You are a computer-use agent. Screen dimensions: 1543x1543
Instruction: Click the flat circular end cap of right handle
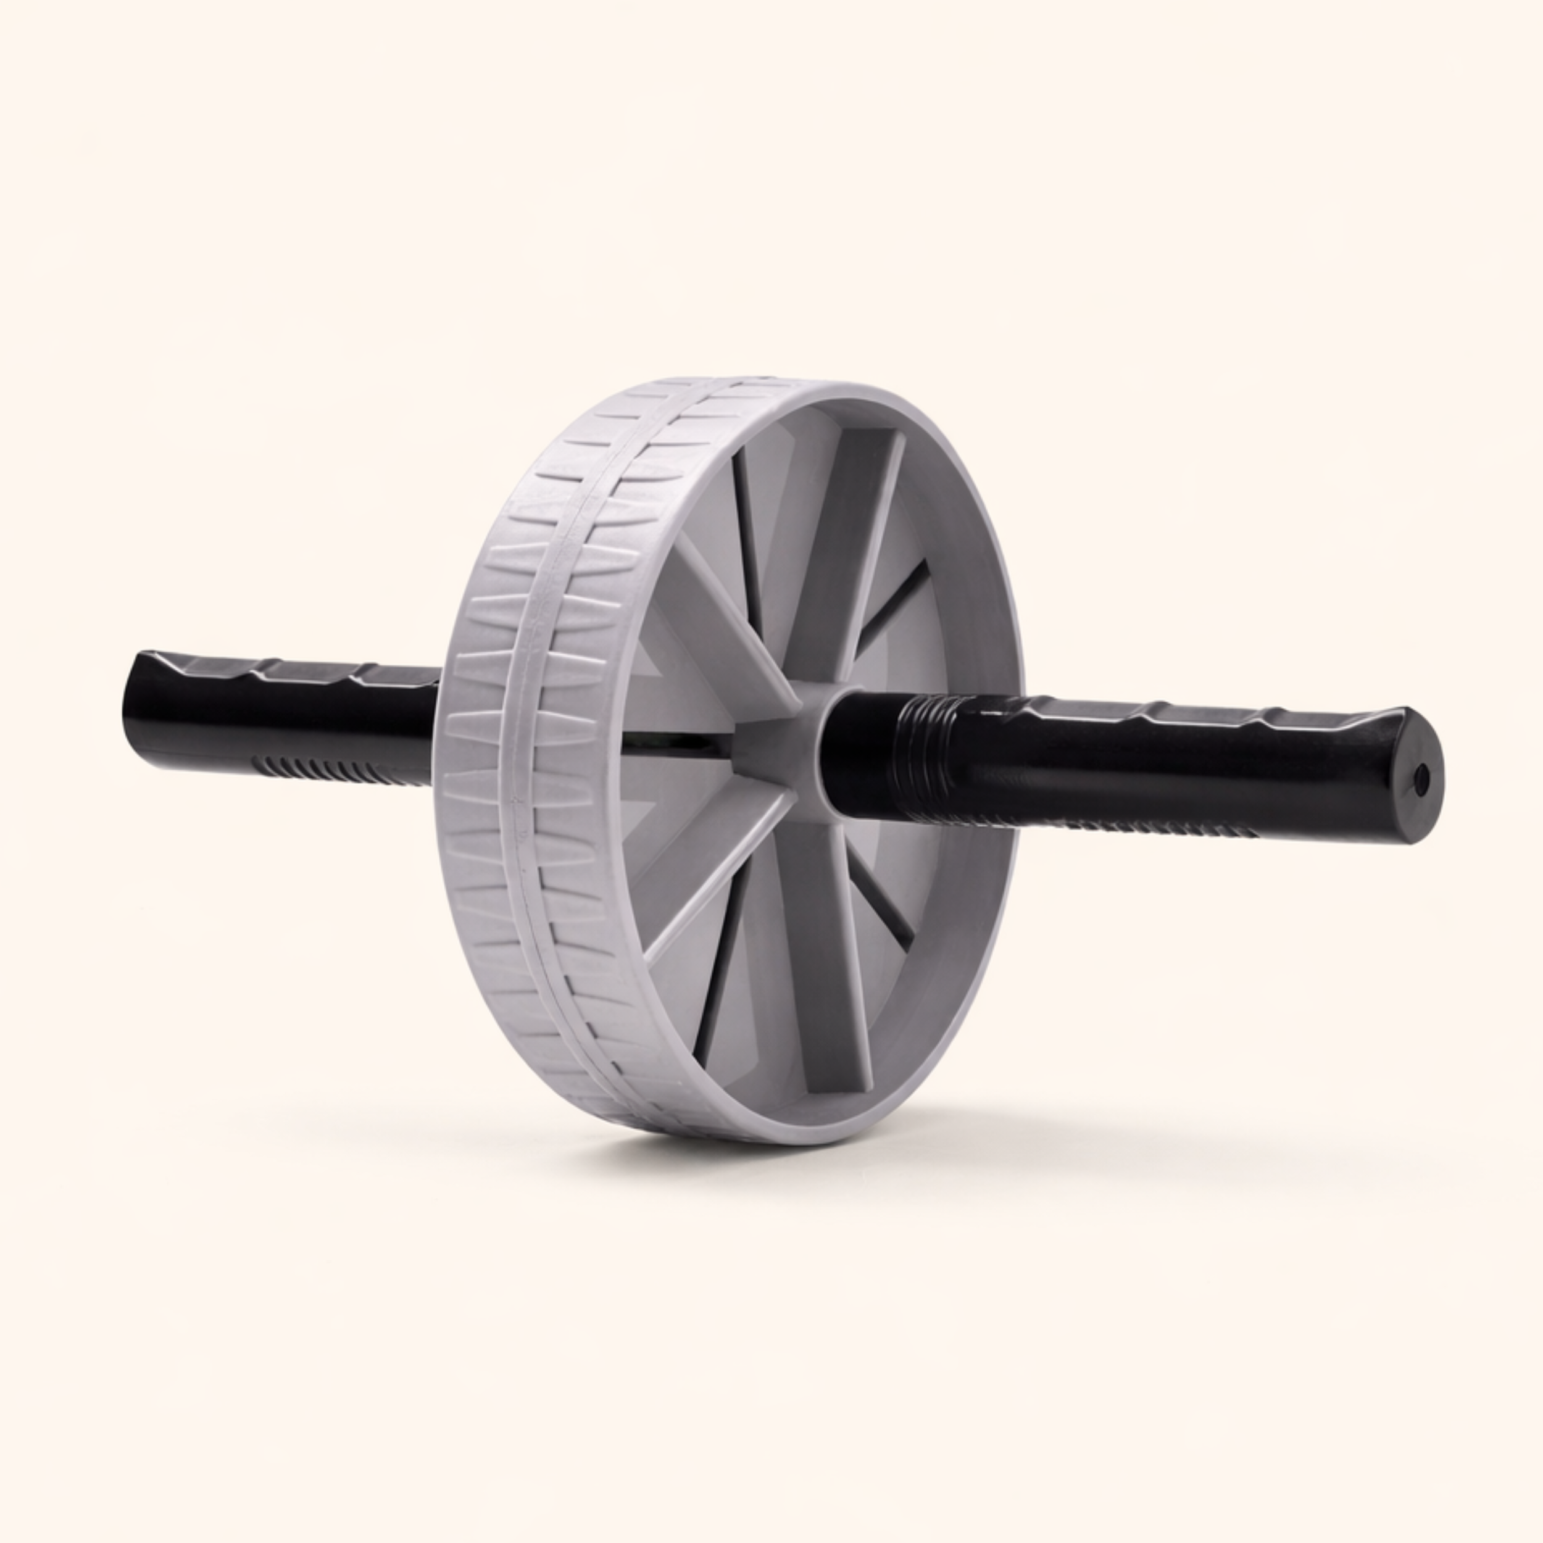point(1418,775)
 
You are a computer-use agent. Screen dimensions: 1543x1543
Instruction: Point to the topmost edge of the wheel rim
point(759,382)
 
